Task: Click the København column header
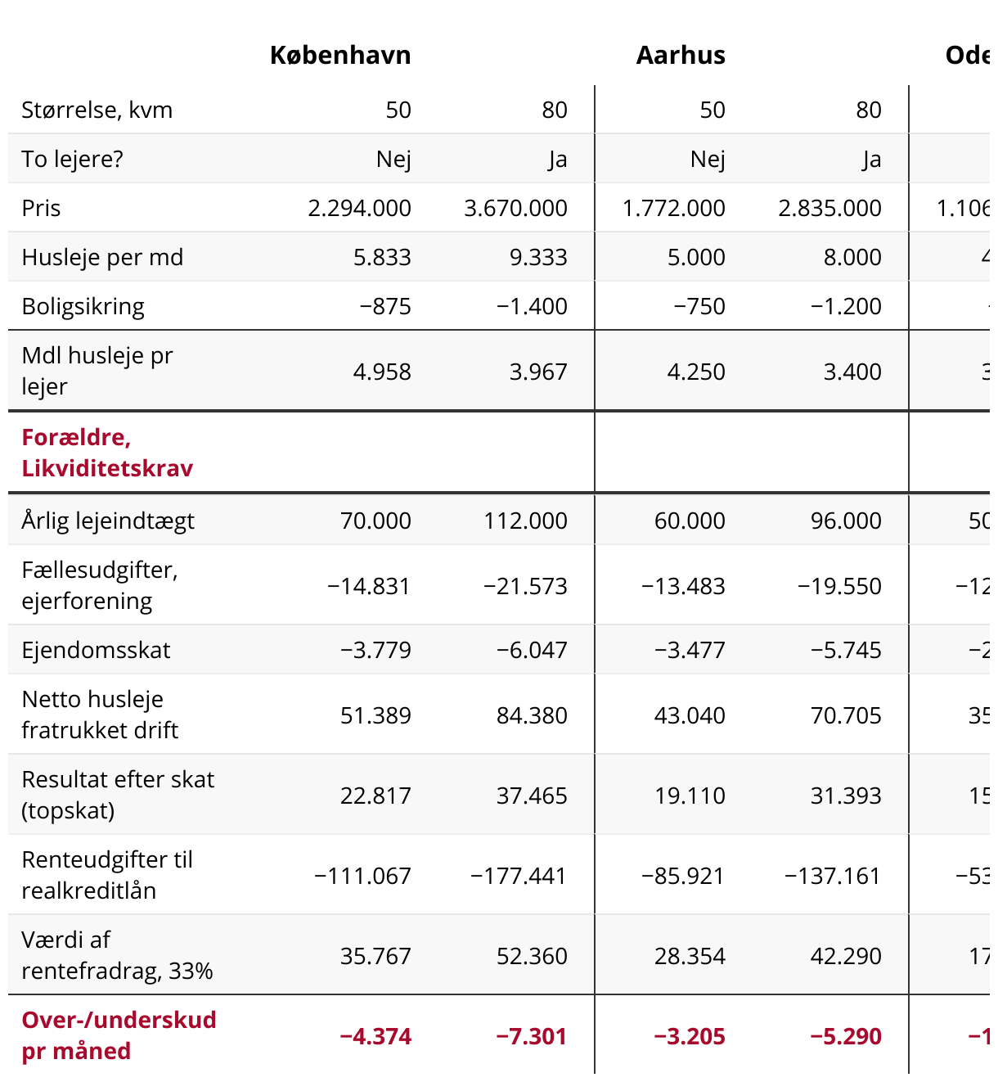(x=340, y=56)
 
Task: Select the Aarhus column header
(x=681, y=56)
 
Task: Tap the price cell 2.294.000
(x=360, y=208)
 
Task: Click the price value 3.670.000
(x=515, y=208)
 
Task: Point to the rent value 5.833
(x=382, y=257)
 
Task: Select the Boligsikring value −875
(x=385, y=306)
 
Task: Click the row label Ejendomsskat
(x=96, y=650)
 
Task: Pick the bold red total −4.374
(x=375, y=1036)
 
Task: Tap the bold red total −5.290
(x=845, y=1036)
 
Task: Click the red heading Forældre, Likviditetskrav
(x=107, y=453)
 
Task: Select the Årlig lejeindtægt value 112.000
(x=525, y=521)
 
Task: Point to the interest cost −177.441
(x=518, y=876)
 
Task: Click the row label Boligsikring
(x=83, y=306)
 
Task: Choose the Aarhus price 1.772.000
(x=673, y=208)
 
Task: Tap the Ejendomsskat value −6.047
(x=532, y=650)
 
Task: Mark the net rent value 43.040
(x=690, y=715)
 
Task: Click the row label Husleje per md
(x=102, y=257)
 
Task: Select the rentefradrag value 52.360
(x=532, y=956)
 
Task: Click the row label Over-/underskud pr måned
(x=119, y=1035)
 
